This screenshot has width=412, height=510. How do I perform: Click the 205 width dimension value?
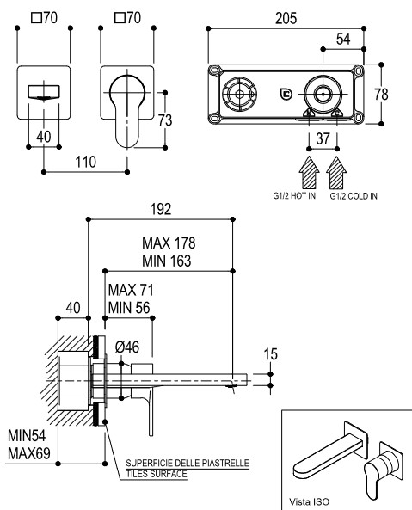pyautogui.click(x=286, y=18)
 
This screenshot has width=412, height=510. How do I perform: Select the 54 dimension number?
pyautogui.click(x=343, y=39)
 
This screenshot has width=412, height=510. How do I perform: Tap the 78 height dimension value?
pyautogui.click(x=381, y=95)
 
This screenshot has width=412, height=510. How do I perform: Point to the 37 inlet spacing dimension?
pyautogui.click(x=323, y=138)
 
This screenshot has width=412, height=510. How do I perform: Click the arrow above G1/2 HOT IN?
pyautogui.click(x=309, y=173)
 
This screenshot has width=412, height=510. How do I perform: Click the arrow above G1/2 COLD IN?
pyautogui.click(x=336, y=173)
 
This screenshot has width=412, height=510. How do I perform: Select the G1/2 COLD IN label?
pyautogui.click(x=354, y=196)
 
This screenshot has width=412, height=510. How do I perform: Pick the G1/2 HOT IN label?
pyautogui.click(x=294, y=196)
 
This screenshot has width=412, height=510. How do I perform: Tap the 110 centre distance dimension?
pyautogui.click(x=86, y=162)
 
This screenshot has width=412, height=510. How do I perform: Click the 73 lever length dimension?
pyautogui.click(x=165, y=120)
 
